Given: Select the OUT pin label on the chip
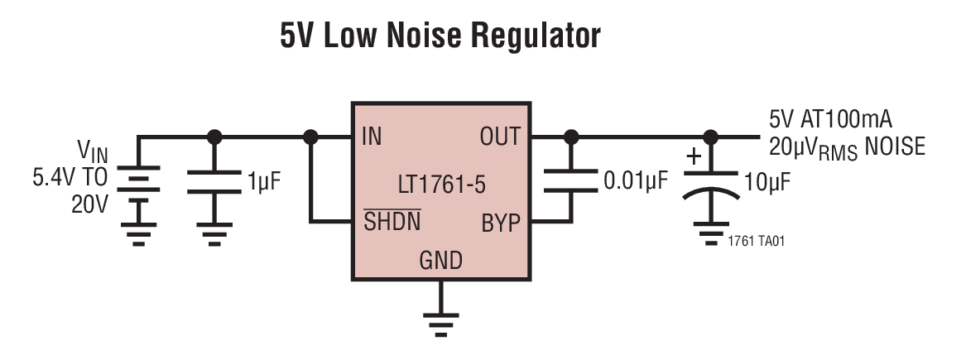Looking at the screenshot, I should [499, 137].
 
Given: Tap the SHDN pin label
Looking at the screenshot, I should [392, 222].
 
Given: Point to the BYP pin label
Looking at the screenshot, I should [501, 222].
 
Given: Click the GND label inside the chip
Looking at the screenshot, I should [440, 262].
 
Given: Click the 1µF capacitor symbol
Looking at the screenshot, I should [214, 181].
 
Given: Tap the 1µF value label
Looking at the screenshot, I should [264, 181].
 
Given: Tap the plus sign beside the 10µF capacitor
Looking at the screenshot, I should [694, 156].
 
